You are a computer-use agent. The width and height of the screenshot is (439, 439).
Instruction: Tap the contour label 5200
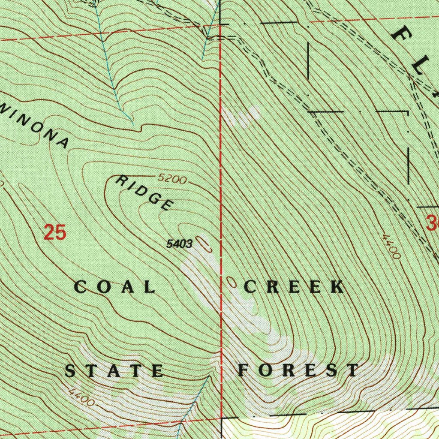(172, 178)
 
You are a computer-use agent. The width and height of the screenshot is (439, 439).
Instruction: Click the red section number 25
(55, 233)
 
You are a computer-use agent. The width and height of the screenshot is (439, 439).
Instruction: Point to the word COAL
(115, 287)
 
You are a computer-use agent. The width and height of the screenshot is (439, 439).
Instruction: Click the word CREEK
(294, 287)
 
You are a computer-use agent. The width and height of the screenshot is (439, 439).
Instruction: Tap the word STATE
(114, 370)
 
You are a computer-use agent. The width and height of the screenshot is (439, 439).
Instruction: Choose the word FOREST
(299, 370)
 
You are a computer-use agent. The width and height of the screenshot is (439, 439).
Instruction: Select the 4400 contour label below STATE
(81, 397)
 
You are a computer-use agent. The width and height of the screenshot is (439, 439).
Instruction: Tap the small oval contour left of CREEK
(232, 282)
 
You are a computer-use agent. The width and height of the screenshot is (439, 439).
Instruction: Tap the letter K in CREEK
(337, 287)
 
